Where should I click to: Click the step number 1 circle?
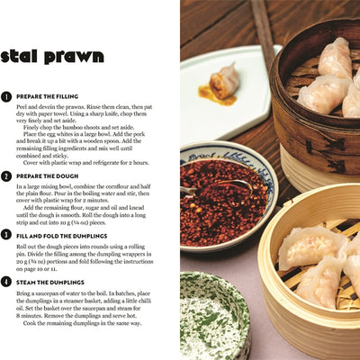(6, 97)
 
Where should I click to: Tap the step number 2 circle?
(6, 176)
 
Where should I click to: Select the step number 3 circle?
(6, 235)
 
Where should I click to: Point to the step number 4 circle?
(6, 282)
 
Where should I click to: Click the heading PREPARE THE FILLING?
(47, 96)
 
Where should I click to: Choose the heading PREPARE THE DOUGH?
(47, 176)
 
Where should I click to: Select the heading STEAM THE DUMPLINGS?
(50, 283)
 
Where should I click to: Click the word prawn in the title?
(74, 57)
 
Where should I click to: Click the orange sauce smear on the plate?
(216, 95)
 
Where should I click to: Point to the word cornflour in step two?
(114, 186)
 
